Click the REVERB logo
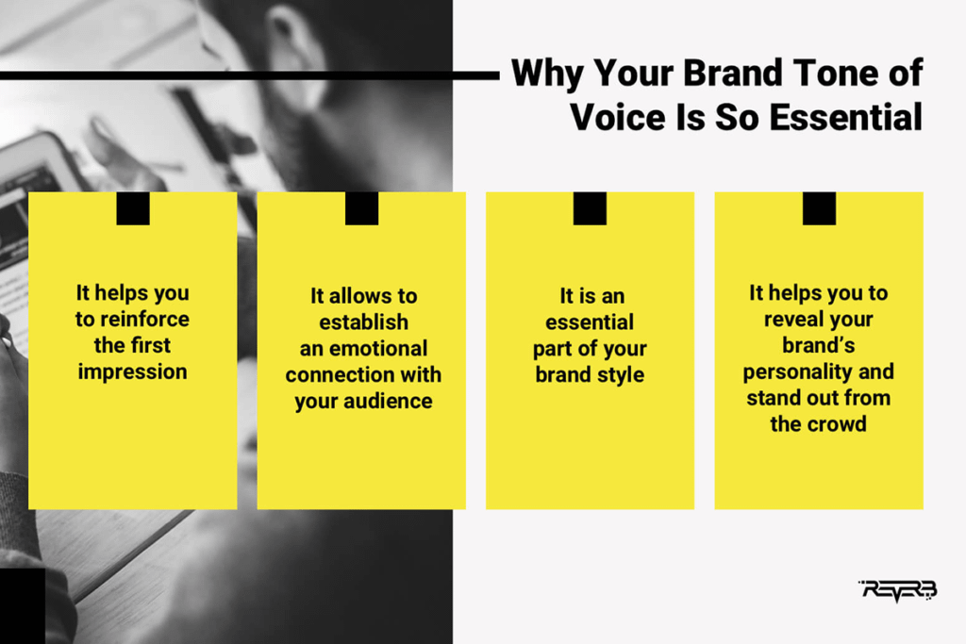coord(898,590)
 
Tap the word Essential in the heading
coord(846,117)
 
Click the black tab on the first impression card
coord(133,208)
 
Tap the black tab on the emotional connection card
coord(361,208)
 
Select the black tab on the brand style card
coord(590,208)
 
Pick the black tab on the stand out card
coord(820,208)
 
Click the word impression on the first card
coord(132,372)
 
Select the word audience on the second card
coord(388,401)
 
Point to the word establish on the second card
coord(363,322)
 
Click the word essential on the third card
coord(590,322)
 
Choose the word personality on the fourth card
coord(790,372)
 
